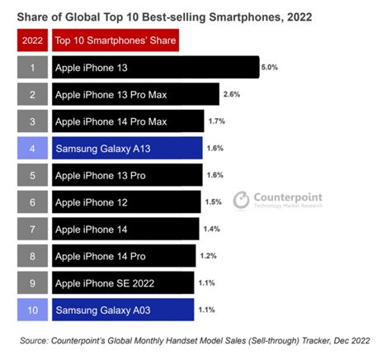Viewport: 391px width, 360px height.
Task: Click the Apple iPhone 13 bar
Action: [x=155, y=68]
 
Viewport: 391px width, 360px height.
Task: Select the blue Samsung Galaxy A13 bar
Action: [x=127, y=149]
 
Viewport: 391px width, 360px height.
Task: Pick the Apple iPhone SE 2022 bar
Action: [x=123, y=283]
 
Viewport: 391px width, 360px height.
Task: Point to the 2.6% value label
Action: [x=232, y=95]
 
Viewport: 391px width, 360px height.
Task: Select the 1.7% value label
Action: [x=217, y=122]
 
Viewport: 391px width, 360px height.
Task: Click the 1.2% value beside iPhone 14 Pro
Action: [x=209, y=256]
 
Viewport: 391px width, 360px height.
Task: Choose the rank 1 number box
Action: [x=31, y=68]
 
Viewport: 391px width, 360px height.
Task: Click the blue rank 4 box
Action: [x=31, y=149]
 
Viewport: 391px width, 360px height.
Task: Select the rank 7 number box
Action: [x=31, y=229]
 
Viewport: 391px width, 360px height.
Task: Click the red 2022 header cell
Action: [x=31, y=40]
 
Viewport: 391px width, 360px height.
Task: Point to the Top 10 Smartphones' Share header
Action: [x=115, y=40]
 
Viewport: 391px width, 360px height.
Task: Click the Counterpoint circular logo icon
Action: [x=240, y=201]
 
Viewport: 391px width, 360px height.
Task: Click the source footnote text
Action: [x=195, y=340]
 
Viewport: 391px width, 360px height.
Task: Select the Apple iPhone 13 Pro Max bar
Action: [x=135, y=95]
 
